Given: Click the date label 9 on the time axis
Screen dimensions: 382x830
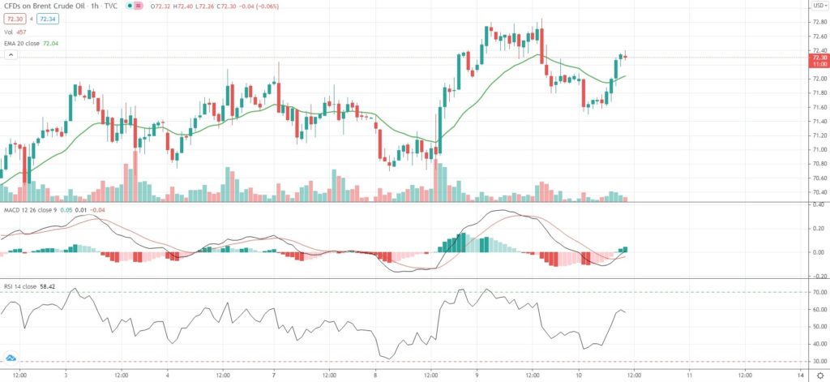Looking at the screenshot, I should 477,376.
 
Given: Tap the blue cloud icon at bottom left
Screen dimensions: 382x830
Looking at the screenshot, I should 11,357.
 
